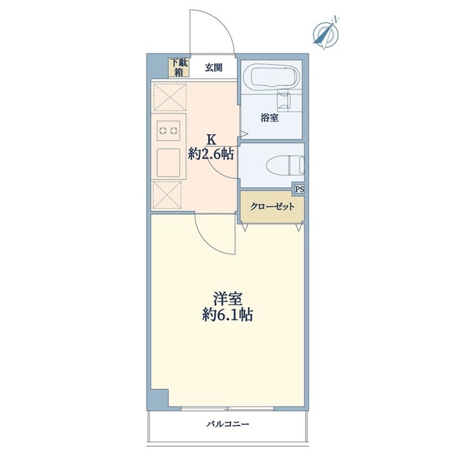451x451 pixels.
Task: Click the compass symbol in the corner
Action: (x=325, y=32)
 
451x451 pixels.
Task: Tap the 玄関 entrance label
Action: (x=214, y=68)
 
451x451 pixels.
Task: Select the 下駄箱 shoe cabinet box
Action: (x=178, y=67)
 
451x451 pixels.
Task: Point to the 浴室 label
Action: (x=269, y=118)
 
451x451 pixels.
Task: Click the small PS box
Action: (x=299, y=189)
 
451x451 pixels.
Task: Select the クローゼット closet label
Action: (x=272, y=207)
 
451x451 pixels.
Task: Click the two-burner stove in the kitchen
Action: (x=169, y=130)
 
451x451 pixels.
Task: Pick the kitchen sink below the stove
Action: (x=169, y=162)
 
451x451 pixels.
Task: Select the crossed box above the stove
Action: (x=169, y=97)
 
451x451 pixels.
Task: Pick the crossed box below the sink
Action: (x=169, y=194)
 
